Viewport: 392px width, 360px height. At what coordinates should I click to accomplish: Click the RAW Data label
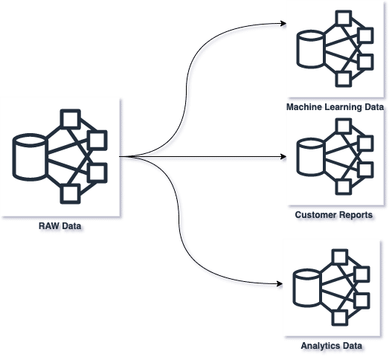coord(60,226)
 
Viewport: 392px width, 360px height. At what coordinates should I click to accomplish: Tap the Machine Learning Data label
coord(335,107)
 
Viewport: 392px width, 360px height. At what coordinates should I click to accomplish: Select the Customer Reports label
coord(334,215)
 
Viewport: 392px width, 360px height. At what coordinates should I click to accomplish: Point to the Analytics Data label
coord(332,346)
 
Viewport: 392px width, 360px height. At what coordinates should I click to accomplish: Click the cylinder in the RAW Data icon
coord(30,157)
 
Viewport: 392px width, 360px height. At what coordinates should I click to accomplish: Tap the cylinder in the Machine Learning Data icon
coord(311,49)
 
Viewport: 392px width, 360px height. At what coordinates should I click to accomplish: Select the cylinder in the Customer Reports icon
coord(311,157)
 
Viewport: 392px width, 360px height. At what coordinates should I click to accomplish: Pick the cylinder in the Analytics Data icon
coord(307,288)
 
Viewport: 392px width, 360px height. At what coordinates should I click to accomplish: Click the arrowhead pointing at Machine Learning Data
coord(283,24)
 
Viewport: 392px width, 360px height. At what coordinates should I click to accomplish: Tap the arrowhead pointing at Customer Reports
coord(283,157)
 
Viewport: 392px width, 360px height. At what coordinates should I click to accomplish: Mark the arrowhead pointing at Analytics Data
coord(280,283)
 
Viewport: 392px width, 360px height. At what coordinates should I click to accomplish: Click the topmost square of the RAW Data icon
coord(71,119)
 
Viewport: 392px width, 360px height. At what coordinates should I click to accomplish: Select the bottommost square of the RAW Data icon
coord(71,194)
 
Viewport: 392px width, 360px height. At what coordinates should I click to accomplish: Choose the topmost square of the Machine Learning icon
coord(344,19)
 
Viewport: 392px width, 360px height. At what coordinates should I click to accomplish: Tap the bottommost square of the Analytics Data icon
coord(340,318)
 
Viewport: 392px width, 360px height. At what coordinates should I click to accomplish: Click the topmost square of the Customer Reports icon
coord(344,126)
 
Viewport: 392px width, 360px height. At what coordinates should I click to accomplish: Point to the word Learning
coord(344,107)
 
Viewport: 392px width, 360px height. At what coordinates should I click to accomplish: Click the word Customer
coord(315,215)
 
